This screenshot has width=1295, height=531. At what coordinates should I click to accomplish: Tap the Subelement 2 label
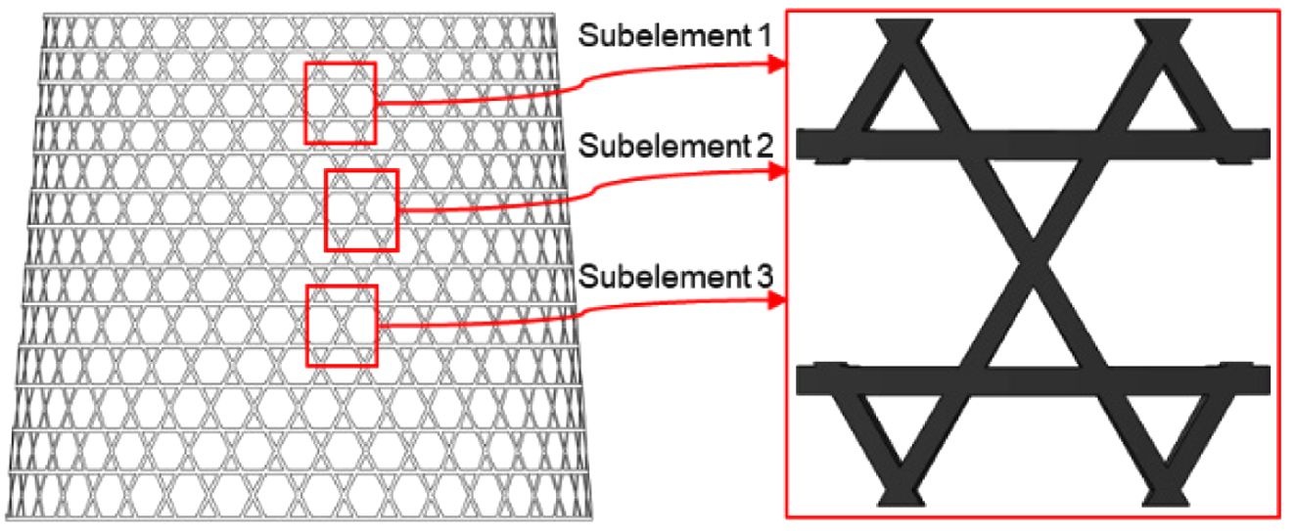675,147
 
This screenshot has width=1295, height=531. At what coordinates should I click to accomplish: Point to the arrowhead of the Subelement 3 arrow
780,300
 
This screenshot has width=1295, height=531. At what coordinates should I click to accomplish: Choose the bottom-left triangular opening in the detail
899,420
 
